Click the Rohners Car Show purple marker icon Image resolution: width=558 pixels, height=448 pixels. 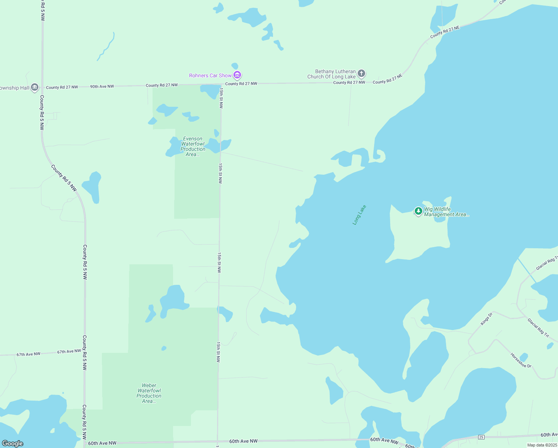[237, 75]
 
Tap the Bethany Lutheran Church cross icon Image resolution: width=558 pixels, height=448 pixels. [361, 73]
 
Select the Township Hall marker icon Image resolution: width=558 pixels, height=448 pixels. [35, 87]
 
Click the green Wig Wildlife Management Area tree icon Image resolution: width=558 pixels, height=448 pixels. [418, 211]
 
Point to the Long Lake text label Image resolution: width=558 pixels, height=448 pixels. [359, 215]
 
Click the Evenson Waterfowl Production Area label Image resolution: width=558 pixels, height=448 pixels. [193, 146]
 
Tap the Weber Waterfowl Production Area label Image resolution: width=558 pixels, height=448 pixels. [149, 393]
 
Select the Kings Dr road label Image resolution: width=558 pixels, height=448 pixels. [486, 319]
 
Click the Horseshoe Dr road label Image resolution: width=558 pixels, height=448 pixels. [521, 360]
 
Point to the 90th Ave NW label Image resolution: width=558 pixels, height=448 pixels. [102, 87]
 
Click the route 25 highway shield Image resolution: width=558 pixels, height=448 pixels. [481, 437]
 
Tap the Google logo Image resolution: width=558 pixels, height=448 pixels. [13, 444]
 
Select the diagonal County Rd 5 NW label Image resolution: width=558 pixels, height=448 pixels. [64, 178]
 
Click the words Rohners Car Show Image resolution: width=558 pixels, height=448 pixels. [210, 75]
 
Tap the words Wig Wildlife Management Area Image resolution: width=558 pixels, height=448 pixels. [446, 212]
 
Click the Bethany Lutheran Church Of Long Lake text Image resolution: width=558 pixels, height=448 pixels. [331, 74]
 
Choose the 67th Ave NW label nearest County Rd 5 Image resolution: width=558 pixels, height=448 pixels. [69, 351]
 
